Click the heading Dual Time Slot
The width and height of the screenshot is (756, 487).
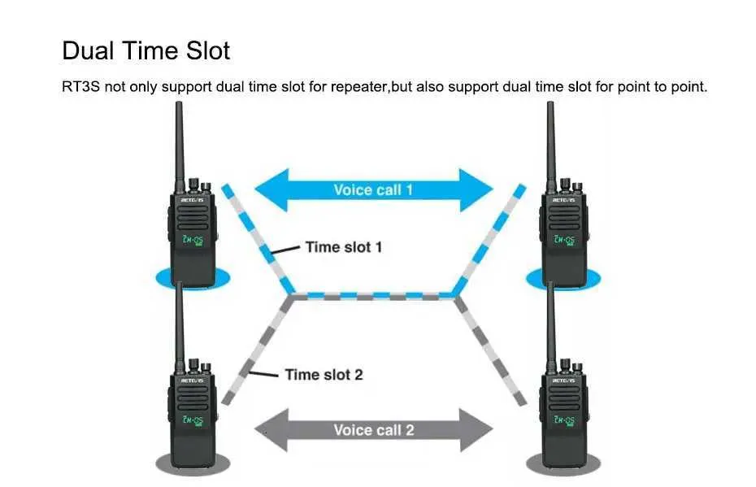[x=146, y=50]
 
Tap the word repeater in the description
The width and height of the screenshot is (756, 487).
[x=354, y=86]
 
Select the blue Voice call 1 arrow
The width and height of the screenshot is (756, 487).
[x=373, y=190]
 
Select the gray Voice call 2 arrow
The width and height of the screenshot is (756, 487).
[x=373, y=429]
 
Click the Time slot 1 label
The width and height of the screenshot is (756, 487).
[x=343, y=246]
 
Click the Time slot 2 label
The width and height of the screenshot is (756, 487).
[x=323, y=375]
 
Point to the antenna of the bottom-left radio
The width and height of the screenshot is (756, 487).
[x=180, y=321]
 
